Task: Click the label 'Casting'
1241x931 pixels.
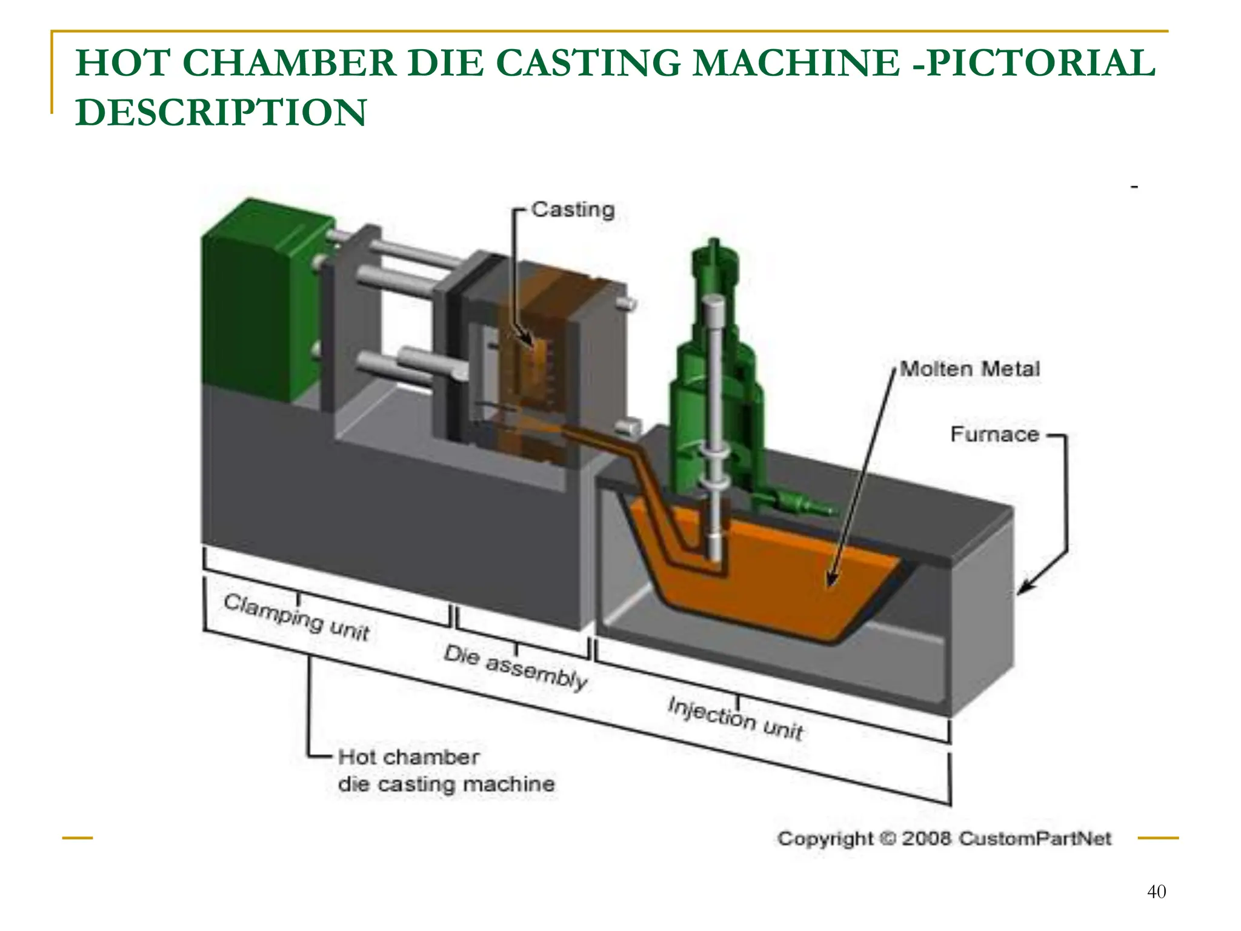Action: tap(573, 210)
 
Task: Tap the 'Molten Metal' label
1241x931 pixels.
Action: tap(970, 369)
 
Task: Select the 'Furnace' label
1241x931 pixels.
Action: tap(994, 434)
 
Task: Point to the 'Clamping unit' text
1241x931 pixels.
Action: tap(296, 617)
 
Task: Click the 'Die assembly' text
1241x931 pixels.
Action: tap(515, 667)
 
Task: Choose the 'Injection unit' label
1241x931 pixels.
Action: tap(735, 718)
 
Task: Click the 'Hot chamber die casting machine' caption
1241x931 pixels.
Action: tap(445, 770)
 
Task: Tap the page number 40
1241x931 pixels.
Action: tap(1156, 892)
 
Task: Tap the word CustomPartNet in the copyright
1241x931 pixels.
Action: tap(1035, 838)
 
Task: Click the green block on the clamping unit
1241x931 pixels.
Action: tap(261, 303)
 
